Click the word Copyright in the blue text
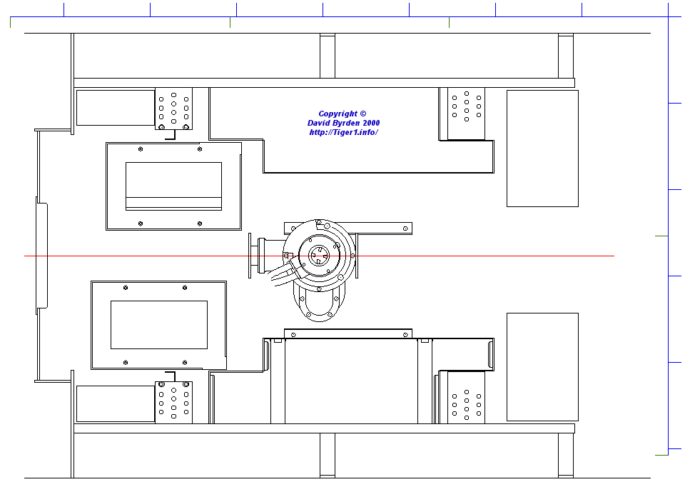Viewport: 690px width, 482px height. (338, 114)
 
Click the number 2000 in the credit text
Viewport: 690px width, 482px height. (371, 124)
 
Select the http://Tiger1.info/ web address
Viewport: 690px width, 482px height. (343, 132)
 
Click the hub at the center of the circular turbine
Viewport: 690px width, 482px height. (318, 256)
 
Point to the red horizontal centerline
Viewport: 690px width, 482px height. (319, 256)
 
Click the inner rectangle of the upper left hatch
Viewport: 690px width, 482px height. (174, 186)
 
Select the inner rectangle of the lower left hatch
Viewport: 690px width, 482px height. (159, 325)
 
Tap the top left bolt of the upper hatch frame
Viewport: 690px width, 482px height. (141, 149)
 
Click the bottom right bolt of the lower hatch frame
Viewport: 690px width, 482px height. (185, 363)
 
